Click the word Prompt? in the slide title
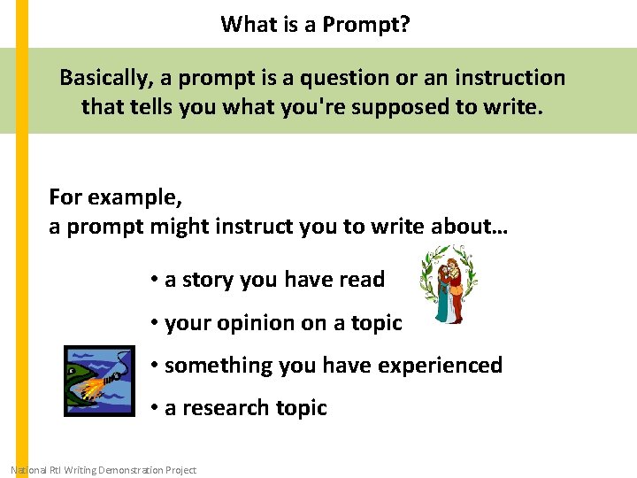365,24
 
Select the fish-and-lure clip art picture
100,382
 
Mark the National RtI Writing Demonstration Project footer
103,470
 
